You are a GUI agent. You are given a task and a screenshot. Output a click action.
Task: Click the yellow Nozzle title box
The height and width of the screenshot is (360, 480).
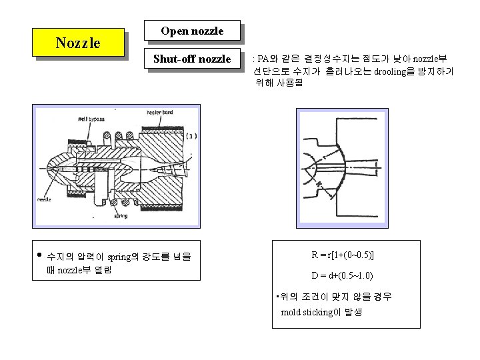pos(78,43)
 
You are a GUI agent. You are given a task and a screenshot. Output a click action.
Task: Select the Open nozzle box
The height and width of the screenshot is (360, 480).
pos(191,31)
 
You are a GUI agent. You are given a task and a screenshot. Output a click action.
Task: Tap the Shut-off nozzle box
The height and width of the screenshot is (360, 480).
pos(191,59)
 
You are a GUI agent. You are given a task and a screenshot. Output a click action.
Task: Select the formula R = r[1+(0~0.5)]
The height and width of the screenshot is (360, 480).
pos(342,255)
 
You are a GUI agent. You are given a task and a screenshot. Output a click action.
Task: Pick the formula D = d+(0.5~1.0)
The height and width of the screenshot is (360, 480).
pos(342,275)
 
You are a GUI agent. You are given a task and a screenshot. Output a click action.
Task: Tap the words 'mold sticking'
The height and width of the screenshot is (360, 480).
pos(305,312)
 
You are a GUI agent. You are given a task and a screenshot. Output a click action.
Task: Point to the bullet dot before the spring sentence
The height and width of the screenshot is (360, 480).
pos(39,255)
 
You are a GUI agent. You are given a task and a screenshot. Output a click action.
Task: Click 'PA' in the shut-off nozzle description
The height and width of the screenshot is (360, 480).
pos(263,59)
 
